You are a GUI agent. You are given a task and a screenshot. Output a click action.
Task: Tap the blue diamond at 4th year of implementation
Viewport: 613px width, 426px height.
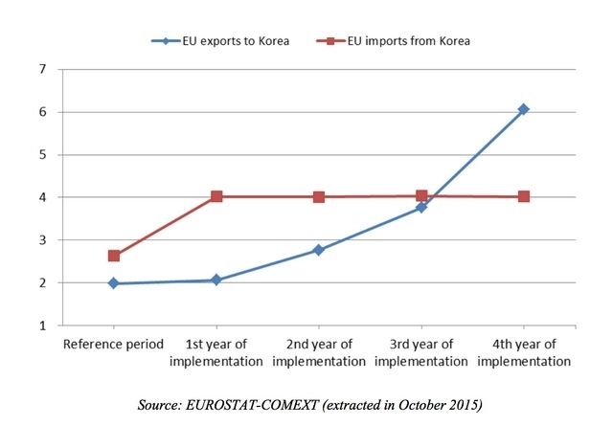click(523, 109)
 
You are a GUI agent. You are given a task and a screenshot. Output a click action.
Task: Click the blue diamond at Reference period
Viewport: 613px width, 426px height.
click(114, 283)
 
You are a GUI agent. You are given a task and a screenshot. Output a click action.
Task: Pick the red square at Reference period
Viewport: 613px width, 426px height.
click(114, 256)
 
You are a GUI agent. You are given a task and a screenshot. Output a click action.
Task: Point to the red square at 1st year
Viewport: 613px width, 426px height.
click(216, 196)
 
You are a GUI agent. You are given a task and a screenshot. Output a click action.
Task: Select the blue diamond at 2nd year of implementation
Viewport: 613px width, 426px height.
click(319, 250)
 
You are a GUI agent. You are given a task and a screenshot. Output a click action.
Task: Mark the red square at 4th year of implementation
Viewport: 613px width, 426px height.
click(523, 196)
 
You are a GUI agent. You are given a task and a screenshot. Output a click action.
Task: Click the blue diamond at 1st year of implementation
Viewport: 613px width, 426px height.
click(216, 280)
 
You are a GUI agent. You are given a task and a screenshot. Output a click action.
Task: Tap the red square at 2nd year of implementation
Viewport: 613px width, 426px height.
click(319, 196)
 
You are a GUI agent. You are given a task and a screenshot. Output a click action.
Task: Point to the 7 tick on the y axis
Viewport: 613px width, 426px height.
click(42, 69)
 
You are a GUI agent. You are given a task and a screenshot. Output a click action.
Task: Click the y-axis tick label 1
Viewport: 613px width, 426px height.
click(42, 325)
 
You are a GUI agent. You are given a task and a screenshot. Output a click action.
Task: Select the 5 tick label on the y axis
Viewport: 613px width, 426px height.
click(42, 154)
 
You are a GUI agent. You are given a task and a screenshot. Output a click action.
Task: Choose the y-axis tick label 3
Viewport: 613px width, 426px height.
click(42, 240)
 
